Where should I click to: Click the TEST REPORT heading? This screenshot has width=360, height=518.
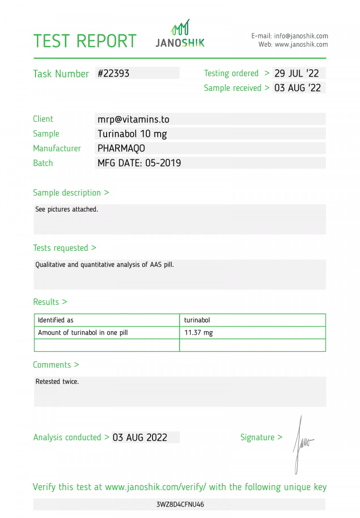(85, 41)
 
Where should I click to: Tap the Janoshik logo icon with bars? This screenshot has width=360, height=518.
(180, 28)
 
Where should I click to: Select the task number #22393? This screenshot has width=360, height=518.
(113, 73)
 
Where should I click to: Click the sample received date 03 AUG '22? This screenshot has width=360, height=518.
(297, 88)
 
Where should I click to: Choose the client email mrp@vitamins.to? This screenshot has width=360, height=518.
(133, 119)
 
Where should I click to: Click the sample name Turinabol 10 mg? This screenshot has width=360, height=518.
(132, 134)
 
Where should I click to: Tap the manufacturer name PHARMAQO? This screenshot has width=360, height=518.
(121, 148)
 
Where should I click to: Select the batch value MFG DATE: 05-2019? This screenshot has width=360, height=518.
(139, 163)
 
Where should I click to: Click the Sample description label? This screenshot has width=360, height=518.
(71, 193)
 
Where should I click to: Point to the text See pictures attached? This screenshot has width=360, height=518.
(67, 209)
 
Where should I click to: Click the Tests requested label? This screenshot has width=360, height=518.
(64, 248)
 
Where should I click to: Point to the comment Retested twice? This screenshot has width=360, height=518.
(57, 382)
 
